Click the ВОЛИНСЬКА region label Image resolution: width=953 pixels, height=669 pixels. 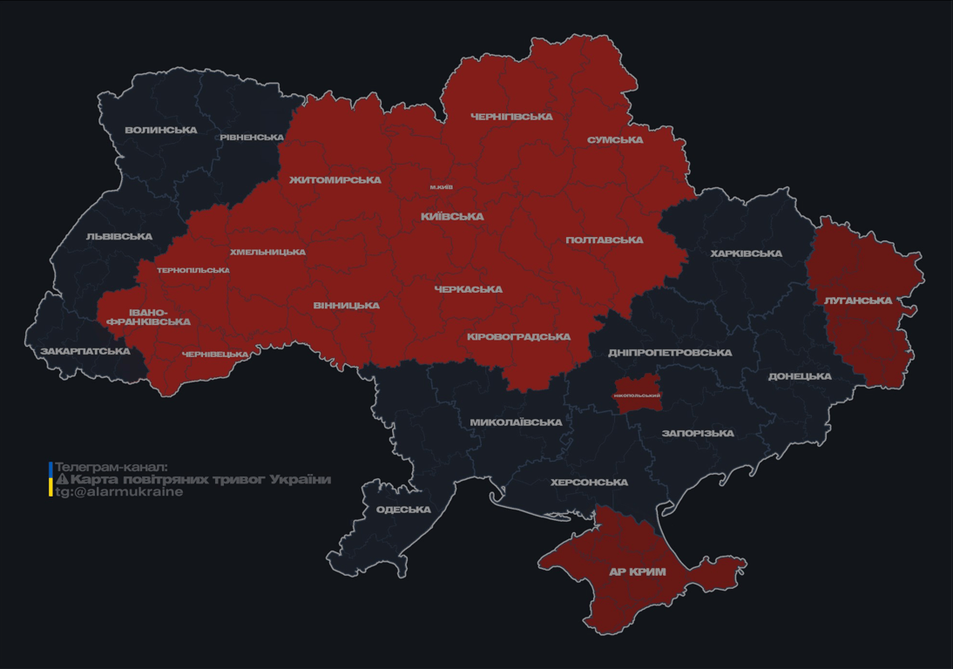(x=160, y=131)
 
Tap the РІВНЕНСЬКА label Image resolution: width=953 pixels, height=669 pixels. (x=252, y=138)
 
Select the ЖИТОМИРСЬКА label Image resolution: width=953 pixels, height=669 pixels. (x=335, y=180)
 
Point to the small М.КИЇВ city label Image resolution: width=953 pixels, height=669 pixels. (x=441, y=187)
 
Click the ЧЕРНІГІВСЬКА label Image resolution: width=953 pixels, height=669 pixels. (x=511, y=117)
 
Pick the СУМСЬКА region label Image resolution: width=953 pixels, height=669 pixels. (x=615, y=140)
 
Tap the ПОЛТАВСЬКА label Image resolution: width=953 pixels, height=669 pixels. (x=605, y=240)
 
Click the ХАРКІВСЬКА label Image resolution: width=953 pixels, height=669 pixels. (x=746, y=254)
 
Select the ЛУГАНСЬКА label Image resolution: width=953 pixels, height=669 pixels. (x=858, y=301)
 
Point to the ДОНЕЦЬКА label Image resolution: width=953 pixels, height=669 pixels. (x=800, y=377)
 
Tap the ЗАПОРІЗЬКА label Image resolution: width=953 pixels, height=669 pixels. (x=698, y=433)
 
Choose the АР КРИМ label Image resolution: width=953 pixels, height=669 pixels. (x=637, y=572)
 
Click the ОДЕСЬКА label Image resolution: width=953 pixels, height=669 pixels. (x=403, y=510)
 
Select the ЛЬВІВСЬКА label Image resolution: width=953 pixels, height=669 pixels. (x=119, y=237)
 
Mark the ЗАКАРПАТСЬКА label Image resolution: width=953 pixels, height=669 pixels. (x=84, y=352)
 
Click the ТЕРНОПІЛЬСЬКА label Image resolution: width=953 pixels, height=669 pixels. (x=193, y=271)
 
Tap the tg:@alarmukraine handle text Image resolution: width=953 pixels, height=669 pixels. (x=119, y=492)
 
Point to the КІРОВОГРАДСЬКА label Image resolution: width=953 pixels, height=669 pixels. (x=518, y=337)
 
